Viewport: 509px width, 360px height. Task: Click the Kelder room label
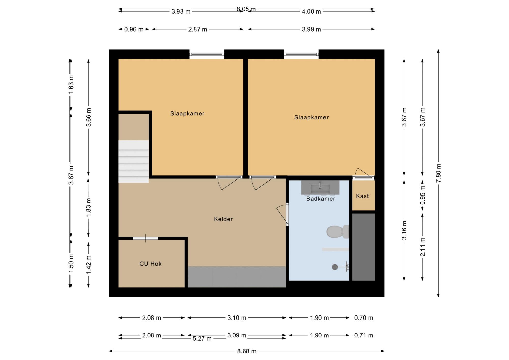(x=223, y=219)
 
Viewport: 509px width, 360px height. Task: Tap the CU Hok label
(x=150, y=264)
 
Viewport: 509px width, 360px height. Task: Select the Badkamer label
(x=321, y=199)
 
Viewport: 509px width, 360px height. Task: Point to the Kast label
(x=362, y=196)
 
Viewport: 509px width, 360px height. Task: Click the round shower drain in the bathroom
(x=335, y=267)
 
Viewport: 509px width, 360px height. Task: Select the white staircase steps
(x=134, y=161)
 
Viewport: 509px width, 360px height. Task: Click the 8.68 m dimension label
(x=247, y=351)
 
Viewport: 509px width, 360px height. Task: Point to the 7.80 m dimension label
(x=438, y=173)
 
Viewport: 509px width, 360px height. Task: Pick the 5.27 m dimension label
(x=202, y=339)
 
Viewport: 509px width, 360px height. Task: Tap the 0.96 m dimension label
(x=134, y=29)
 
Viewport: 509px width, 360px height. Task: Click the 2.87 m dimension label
(x=197, y=29)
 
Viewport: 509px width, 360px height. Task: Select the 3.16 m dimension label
(x=404, y=230)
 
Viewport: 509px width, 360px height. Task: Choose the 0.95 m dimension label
(x=422, y=195)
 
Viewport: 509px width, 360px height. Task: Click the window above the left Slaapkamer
(x=207, y=54)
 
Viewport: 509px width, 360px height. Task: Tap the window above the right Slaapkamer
(x=301, y=54)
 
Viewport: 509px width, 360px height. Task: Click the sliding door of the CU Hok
(x=145, y=238)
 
